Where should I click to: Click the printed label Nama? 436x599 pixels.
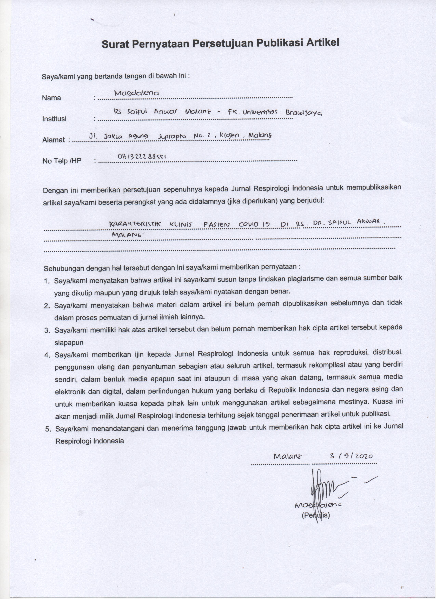(51, 98)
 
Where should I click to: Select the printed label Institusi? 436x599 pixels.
(54, 119)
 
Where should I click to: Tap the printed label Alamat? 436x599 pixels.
(54, 140)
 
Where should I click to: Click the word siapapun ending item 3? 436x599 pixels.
(69, 343)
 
